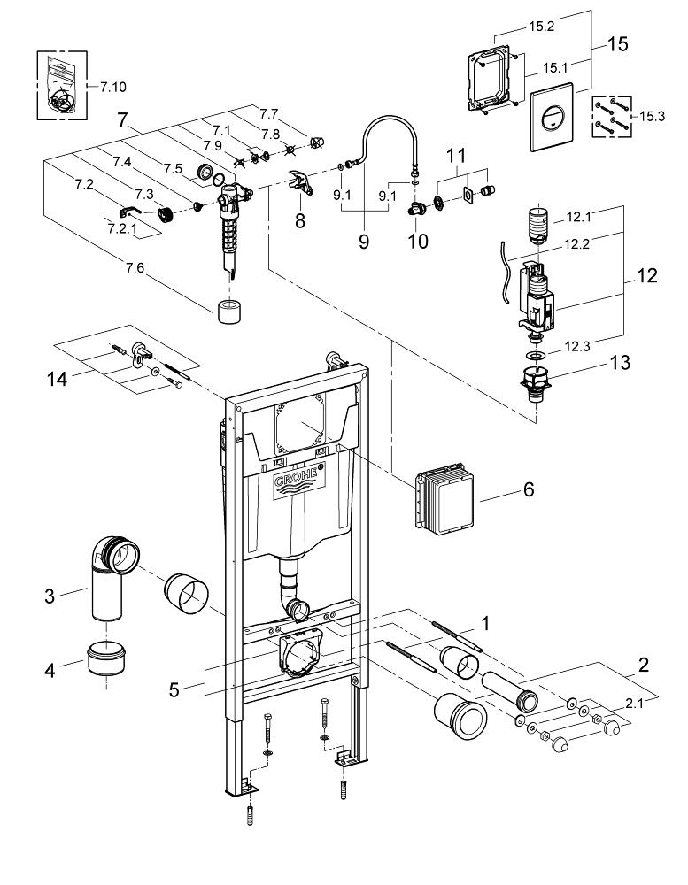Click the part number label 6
click(x=528, y=489)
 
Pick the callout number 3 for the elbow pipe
click(x=51, y=596)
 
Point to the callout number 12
click(x=645, y=276)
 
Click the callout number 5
click(x=174, y=687)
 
